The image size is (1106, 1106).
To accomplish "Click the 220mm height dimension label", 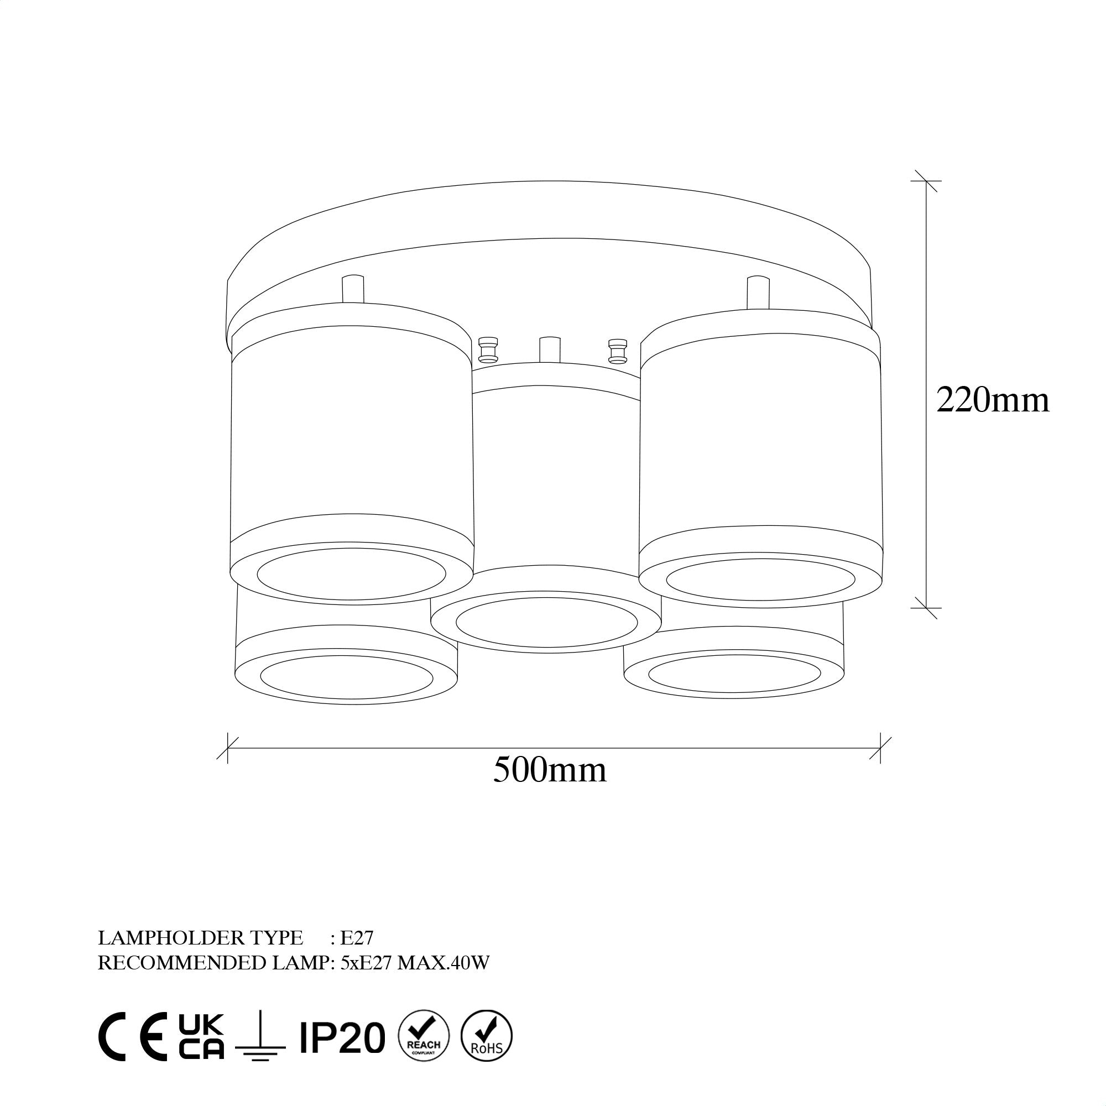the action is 993,400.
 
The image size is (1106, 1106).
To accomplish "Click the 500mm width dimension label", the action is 550,770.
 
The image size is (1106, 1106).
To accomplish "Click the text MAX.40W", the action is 444,963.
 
